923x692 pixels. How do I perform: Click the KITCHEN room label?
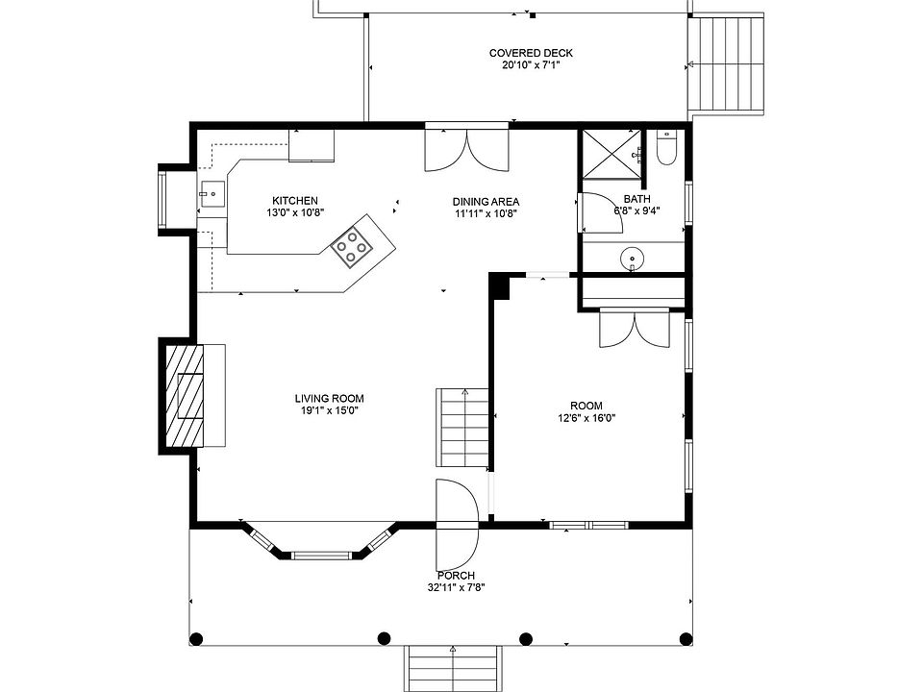295,201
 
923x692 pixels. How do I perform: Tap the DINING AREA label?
486,202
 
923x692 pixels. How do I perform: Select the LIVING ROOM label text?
329,398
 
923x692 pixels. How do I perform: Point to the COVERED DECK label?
531,53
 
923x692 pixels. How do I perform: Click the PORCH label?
456,576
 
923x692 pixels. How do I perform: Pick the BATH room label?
636,199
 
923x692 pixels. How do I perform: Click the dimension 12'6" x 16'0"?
586,418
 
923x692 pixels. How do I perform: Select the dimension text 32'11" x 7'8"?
456,587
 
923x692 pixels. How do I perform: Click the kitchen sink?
212,193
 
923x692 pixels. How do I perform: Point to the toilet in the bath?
666,148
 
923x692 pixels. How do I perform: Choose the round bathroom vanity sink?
633,258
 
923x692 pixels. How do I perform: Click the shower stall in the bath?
611,153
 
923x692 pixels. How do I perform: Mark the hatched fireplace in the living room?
185,396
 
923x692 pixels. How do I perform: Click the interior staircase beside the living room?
462,428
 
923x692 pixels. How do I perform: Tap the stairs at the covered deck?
728,63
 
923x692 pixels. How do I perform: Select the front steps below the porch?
453,669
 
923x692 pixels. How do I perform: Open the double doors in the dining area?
467,150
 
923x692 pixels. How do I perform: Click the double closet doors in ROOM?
635,330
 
